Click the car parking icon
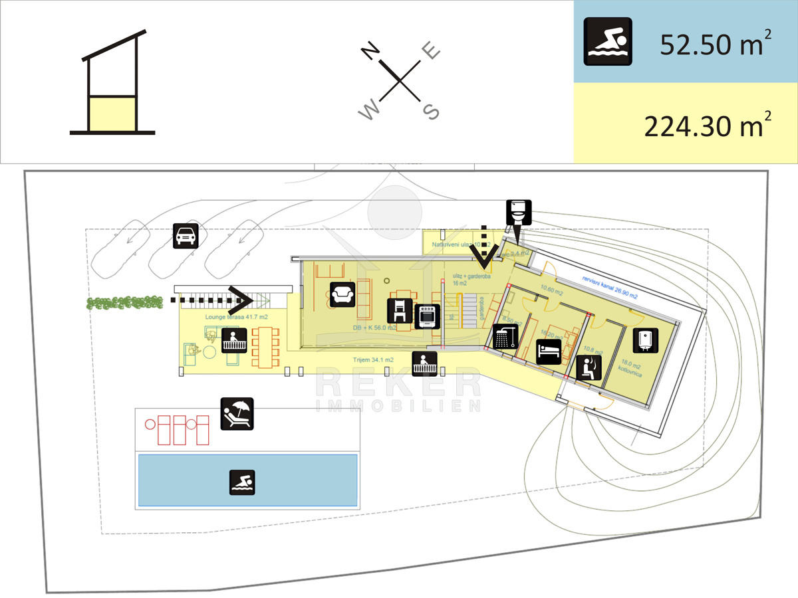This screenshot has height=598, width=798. pyautogui.click(x=186, y=236)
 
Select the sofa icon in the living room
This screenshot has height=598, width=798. pyautogui.click(x=343, y=293)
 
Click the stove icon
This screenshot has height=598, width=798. pyautogui.click(x=427, y=316)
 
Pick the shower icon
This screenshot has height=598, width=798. pyautogui.click(x=505, y=336)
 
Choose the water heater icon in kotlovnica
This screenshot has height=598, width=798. pyautogui.click(x=644, y=340)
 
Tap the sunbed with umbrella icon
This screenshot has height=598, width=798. pyautogui.click(x=237, y=413)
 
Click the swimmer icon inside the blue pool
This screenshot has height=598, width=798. pyautogui.click(x=242, y=482)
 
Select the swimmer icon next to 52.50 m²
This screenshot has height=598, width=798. pyautogui.click(x=608, y=41)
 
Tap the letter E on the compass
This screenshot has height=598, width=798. pyautogui.click(x=432, y=51)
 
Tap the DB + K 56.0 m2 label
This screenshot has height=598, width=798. pyautogui.click(x=375, y=327)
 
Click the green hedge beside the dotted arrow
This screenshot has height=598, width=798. pyautogui.click(x=125, y=303)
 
